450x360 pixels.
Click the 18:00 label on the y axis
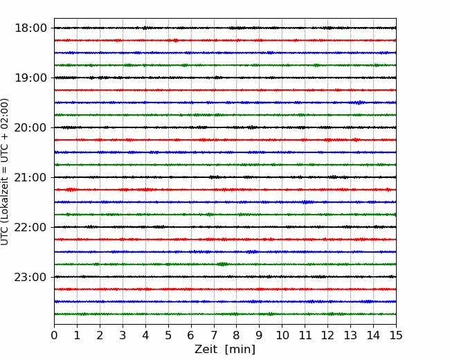click(30, 28)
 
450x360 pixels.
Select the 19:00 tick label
click(30, 78)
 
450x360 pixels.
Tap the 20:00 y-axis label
click(30, 127)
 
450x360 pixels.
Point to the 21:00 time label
click(30, 177)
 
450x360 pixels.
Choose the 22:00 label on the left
click(30, 227)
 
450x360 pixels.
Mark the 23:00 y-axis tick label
click(30, 277)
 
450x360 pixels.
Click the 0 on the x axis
click(54, 335)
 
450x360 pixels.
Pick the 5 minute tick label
click(168, 335)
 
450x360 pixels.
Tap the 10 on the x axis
click(282, 335)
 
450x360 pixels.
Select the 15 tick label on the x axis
click(396, 335)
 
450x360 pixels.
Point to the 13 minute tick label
click(351, 335)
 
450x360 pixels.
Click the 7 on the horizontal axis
click(214, 335)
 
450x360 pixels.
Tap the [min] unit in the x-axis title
click(240, 350)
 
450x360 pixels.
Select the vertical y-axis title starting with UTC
click(4, 172)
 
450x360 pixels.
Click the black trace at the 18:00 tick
click(225, 28)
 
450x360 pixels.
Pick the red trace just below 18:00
click(225, 40)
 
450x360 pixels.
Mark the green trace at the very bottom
click(225, 314)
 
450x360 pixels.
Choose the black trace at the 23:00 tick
click(225, 277)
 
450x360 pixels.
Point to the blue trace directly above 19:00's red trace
click(225, 53)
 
